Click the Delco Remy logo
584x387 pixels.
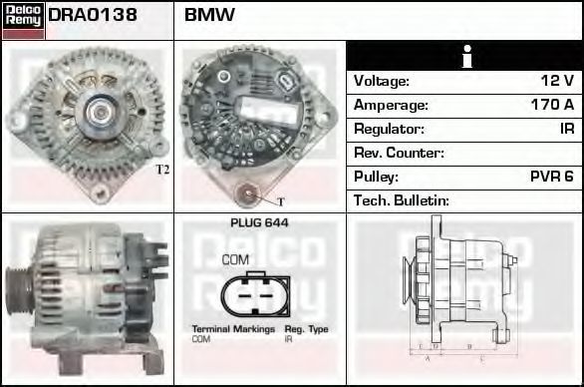point(23,21)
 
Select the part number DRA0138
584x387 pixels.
point(93,15)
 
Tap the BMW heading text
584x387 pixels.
point(209,15)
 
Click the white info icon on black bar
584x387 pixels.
point(466,57)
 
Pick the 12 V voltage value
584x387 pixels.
point(557,81)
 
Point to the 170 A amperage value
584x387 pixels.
point(552,105)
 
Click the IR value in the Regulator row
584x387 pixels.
point(567,129)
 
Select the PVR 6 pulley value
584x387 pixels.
point(551,177)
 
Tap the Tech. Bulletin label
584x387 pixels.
point(402,200)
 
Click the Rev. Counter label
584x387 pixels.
point(399,153)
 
